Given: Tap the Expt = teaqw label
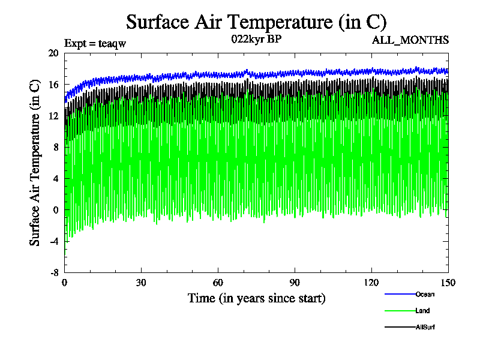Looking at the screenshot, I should pos(95,43).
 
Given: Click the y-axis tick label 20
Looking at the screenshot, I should pos(53,53).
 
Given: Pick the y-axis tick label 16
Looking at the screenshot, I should pos(53,84).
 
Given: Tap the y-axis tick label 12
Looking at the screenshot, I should pos(53,115).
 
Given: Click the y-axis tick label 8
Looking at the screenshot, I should pos(56,147).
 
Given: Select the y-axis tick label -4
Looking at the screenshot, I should pos(53,241).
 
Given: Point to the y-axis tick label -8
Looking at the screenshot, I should pos(53,272).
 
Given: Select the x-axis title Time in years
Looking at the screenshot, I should pos(256,298).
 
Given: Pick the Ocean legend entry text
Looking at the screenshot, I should pos(424,294).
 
